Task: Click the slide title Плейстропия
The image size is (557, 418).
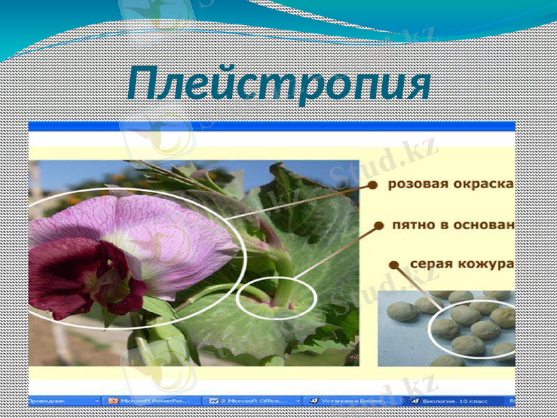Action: pyautogui.click(x=278, y=85)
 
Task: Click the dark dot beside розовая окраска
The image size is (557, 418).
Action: pyautogui.click(x=372, y=185)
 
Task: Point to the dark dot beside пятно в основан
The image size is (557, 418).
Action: pyautogui.click(x=379, y=226)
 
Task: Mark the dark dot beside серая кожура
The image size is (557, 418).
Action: pyautogui.click(x=394, y=265)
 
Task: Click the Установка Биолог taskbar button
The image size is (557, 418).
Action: pyautogui.click(x=352, y=401)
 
